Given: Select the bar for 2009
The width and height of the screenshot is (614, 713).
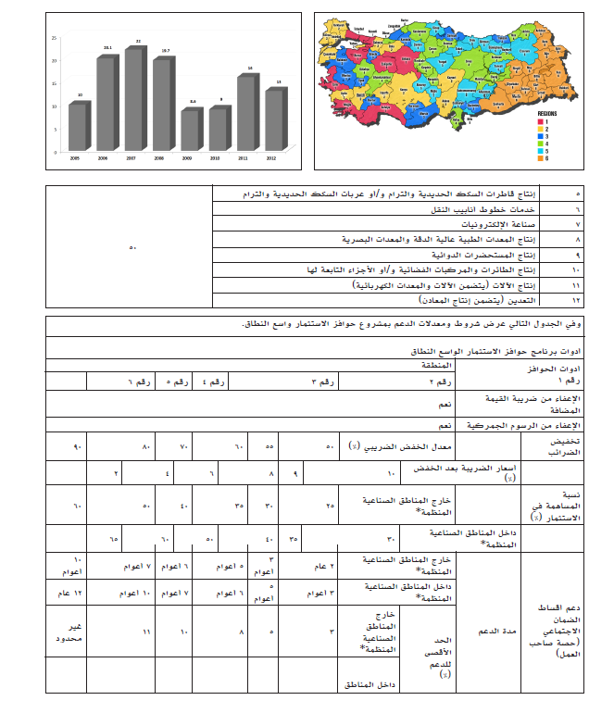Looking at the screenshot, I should tap(190, 130).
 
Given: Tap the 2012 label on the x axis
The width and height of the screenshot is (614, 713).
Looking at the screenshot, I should tap(270, 158).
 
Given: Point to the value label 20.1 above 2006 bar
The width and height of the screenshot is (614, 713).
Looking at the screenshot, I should tap(107, 46).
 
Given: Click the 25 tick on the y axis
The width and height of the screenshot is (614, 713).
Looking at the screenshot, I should tap(55, 38).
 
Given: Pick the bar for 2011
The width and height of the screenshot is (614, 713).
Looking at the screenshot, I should tap(245, 112).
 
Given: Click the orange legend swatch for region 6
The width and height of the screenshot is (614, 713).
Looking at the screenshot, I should tap(543, 159).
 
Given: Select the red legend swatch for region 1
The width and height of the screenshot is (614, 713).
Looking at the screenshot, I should tap(543, 122).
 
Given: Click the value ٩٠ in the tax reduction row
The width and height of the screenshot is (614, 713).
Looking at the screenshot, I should tap(78, 447).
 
